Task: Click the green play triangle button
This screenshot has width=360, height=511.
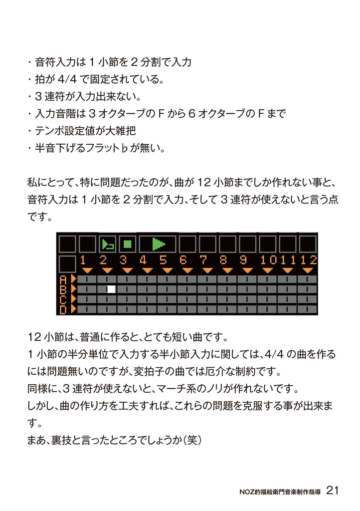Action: pyautogui.click(x=158, y=244)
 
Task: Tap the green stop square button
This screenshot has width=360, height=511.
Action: pyautogui.click(x=127, y=244)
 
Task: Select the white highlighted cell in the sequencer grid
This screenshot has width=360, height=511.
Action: pyautogui.click(x=111, y=288)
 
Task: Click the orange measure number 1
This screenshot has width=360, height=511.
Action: pyautogui.click(x=83, y=260)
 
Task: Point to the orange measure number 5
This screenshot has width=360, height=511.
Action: pyautogui.click(x=163, y=260)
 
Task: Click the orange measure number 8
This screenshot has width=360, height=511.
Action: pyautogui.click(x=223, y=260)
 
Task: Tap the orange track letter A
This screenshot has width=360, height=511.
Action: pyautogui.click(x=63, y=279)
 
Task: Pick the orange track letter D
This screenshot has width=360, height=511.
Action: pyautogui.click(x=63, y=310)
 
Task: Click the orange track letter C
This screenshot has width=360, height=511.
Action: pyautogui.click(x=63, y=299)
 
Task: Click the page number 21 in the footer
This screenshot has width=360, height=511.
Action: pyautogui.click(x=333, y=490)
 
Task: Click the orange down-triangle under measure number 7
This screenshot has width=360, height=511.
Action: pyautogui.click(x=203, y=270)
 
